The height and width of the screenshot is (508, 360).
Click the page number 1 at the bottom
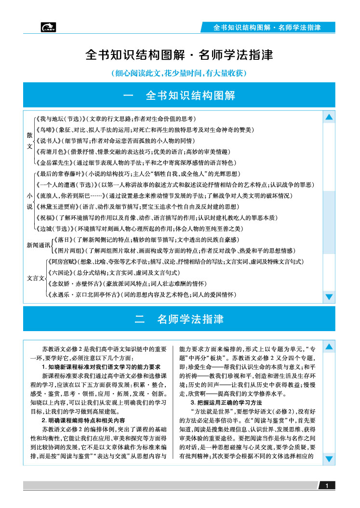(x=327, y=486)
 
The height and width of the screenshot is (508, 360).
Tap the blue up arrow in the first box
(x=329, y=117)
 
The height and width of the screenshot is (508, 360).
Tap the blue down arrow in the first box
(x=329, y=296)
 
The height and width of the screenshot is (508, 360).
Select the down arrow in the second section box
(x=329, y=458)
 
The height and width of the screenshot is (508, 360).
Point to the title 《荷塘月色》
(x=51, y=151)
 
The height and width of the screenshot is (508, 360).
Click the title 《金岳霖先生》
(x=53, y=162)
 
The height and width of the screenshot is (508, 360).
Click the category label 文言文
(x=35, y=278)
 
